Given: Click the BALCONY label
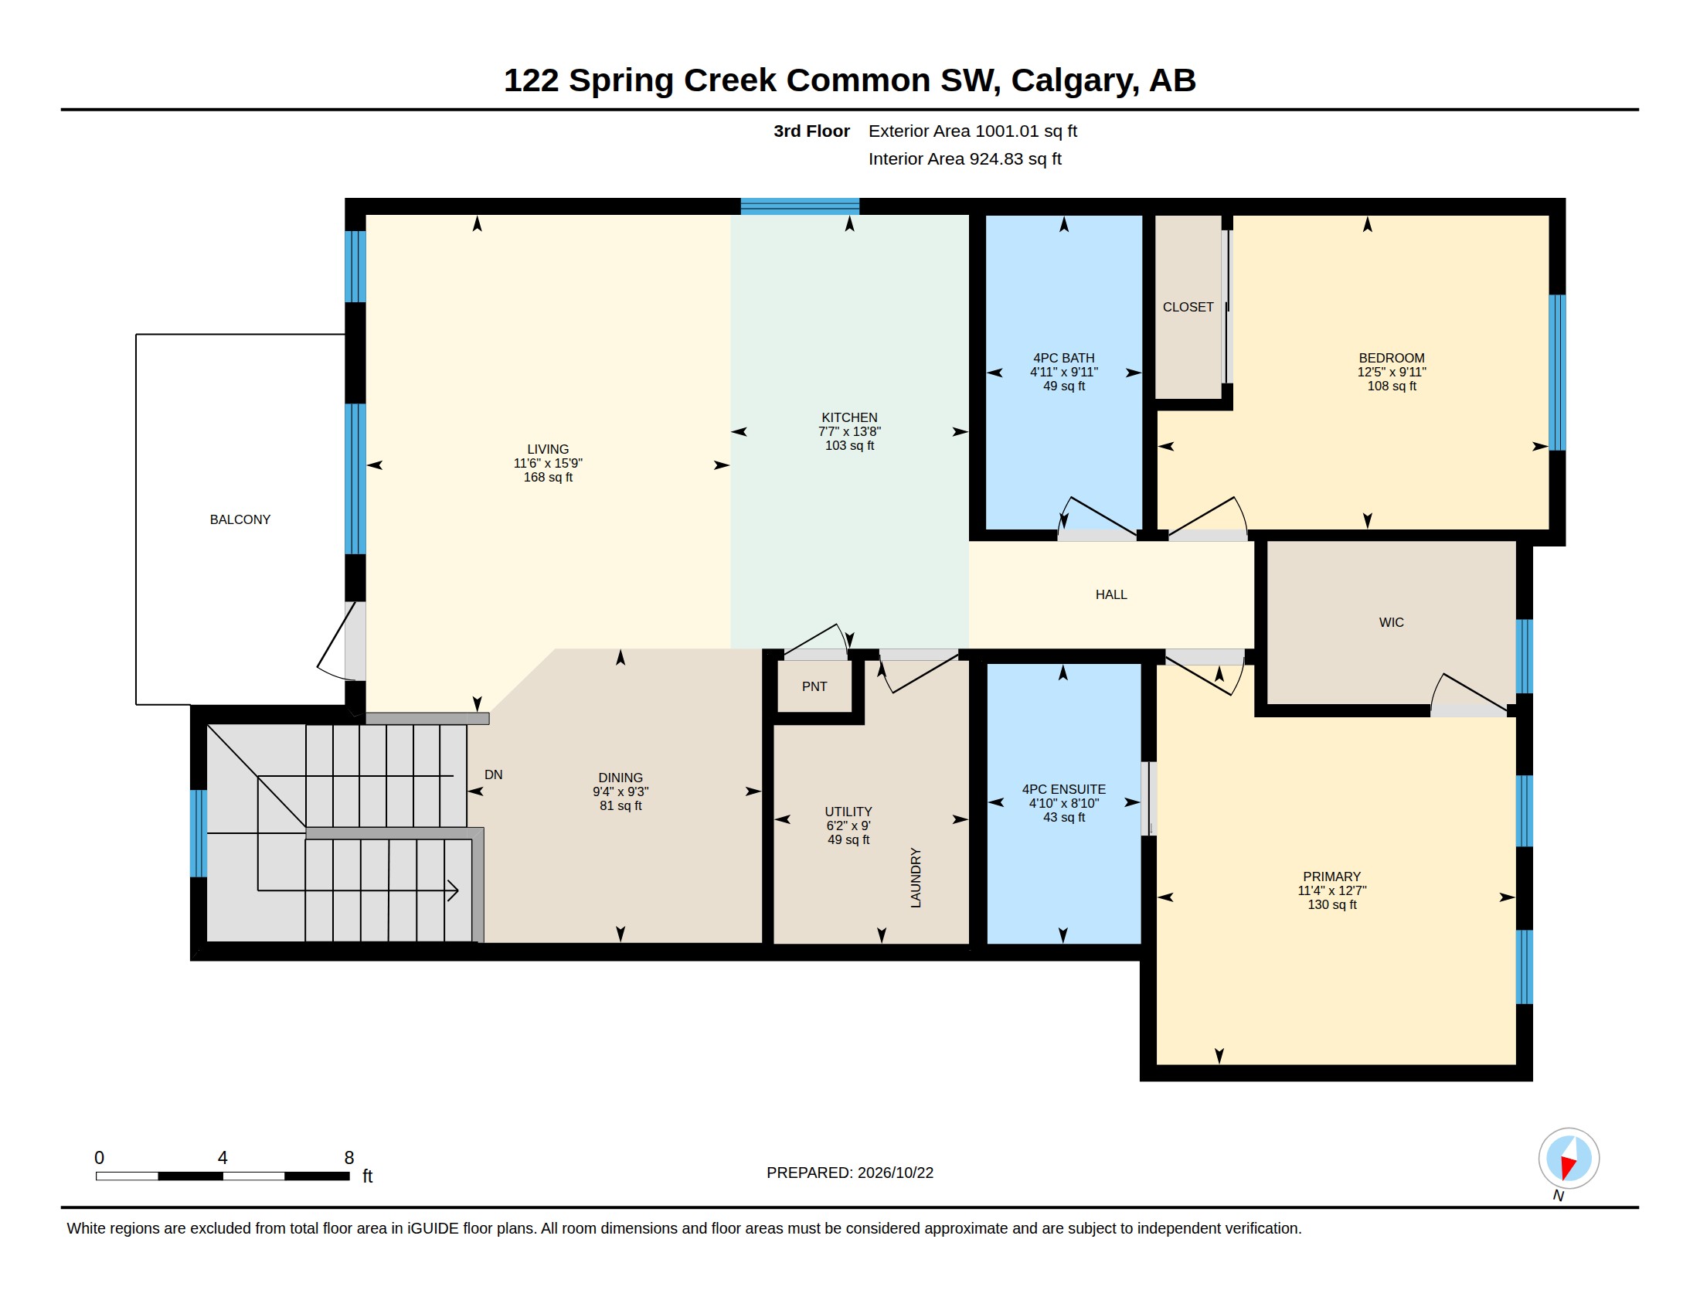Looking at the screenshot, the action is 240,519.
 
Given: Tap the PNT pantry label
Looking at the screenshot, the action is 814,686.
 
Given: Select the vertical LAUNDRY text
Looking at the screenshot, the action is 916,877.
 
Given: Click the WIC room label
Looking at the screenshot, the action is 1391,622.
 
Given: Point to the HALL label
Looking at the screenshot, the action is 1110,594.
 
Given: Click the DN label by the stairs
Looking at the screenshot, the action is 494,774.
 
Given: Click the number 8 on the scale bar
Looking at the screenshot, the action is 348,1158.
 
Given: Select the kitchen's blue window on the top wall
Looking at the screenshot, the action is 800,206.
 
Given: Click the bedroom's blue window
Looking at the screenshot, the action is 1557,372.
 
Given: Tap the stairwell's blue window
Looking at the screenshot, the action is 199,833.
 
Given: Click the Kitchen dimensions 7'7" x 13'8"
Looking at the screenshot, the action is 849,431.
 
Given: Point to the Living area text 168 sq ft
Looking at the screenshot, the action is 548,477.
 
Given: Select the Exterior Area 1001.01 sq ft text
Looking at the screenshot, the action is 972,131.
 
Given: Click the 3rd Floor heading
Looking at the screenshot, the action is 811,131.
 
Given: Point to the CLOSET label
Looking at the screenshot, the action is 1188,307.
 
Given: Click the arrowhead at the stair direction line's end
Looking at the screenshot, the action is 453,890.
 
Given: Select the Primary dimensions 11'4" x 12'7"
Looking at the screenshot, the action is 1332,890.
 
